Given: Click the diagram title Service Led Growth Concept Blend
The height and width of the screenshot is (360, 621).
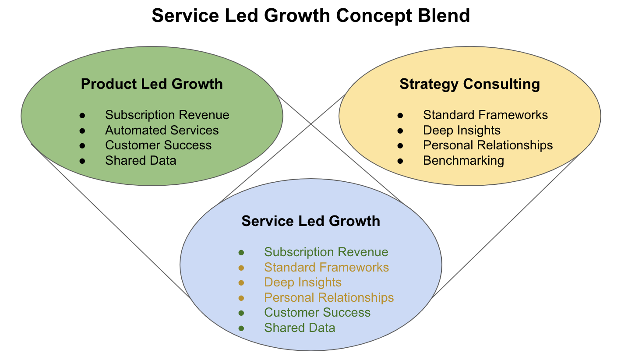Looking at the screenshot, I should [x=310, y=16].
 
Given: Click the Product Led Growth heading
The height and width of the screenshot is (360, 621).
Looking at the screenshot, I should [x=152, y=84].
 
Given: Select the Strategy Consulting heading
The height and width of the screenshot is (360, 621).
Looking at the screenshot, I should [x=469, y=84].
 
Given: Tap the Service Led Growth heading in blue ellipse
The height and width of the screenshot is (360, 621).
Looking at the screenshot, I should [x=310, y=221].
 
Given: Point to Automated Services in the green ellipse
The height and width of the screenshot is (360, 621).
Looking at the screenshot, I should [x=162, y=130].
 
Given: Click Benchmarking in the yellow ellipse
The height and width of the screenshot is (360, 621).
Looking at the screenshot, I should [x=463, y=160].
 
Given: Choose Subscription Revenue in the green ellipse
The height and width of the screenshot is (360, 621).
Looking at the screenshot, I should [x=167, y=115].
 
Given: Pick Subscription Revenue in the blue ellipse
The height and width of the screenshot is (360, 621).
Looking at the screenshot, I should [x=326, y=252].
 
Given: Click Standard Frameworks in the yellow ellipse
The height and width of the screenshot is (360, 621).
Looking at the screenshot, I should [x=485, y=115].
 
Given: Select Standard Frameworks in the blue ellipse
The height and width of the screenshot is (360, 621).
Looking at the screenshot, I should [x=326, y=267].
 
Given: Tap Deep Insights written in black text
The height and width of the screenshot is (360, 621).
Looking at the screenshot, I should [x=462, y=130].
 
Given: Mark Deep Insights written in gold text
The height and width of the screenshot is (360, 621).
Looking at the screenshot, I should [x=303, y=282].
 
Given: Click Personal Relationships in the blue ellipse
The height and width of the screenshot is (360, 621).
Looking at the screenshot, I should [x=329, y=297].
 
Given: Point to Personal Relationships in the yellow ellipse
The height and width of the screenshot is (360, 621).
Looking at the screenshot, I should [x=488, y=145].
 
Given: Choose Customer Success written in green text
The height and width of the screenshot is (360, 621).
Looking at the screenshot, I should [x=317, y=313].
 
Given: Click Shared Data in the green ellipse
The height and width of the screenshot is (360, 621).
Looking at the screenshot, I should [x=141, y=160].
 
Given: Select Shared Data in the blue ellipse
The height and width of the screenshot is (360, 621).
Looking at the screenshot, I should [x=300, y=328].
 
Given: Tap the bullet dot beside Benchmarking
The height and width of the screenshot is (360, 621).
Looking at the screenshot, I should [x=400, y=161].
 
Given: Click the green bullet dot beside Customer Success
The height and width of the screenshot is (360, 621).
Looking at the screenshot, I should [x=241, y=313].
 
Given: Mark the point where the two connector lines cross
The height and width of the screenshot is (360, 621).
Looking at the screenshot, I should [x=311, y=124].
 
